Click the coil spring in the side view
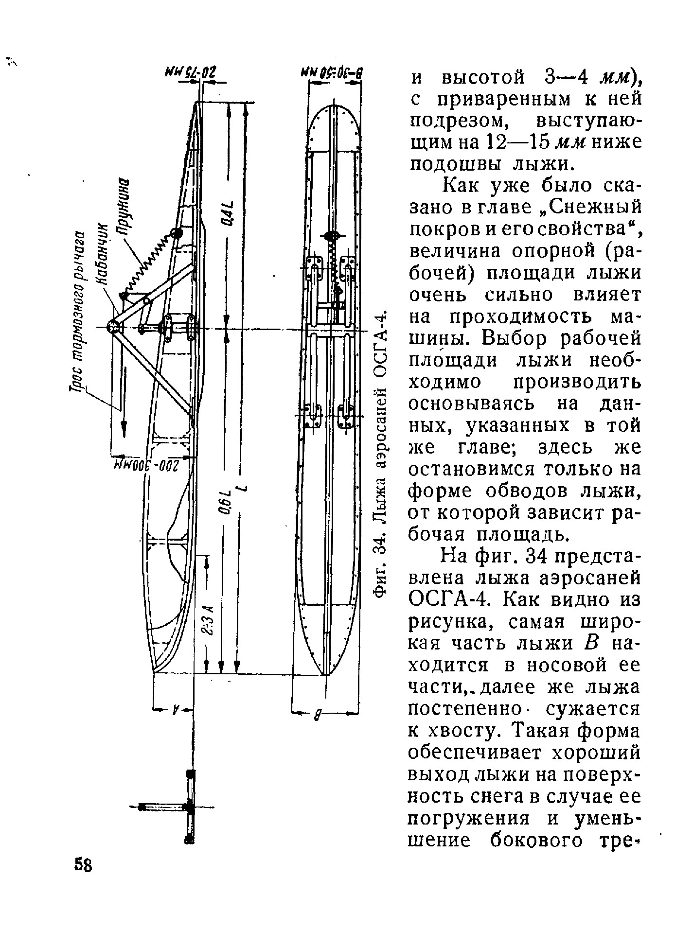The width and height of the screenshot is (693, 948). pos(148,263)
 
